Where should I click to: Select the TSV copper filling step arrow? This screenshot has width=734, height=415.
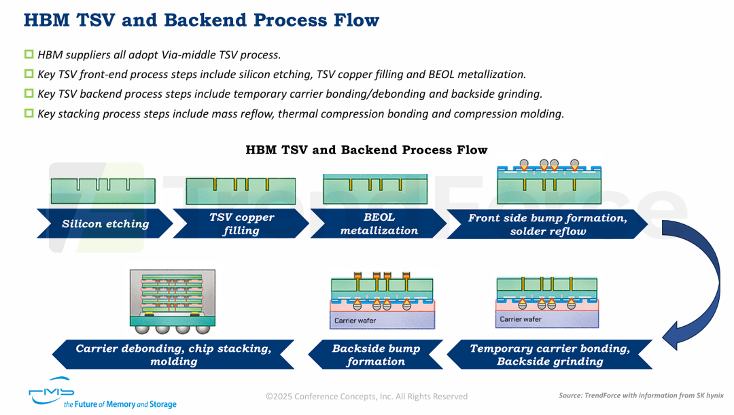pyautogui.click(x=241, y=224)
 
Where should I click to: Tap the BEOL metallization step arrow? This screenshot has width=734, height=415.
pyautogui.click(x=379, y=224)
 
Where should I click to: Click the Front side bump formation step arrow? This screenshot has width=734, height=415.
pyautogui.click(x=548, y=224)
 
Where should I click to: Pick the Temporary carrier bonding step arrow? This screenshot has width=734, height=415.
pyautogui.click(x=550, y=355)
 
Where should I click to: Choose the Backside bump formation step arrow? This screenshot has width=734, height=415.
pyautogui.click(x=376, y=355)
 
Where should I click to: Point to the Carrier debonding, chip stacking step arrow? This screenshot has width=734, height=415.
pyautogui.click(x=173, y=355)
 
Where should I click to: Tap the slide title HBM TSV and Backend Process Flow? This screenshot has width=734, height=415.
pyautogui.click(x=201, y=20)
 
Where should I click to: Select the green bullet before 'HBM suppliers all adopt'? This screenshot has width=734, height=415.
pyautogui.click(x=29, y=54)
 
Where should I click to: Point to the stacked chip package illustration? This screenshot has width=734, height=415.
pyautogui.click(x=172, y=301)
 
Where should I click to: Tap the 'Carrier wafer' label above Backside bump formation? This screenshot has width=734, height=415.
pyautogui.click(x=355, y=321)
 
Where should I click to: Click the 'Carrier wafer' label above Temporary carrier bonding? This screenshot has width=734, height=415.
pyautogui.click(x=521, y=319)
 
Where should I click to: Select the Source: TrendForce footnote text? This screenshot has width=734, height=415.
pyautogui.click(x=641, y=395)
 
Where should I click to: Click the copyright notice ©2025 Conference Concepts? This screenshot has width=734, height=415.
pyautogui.click(x=366, y=396)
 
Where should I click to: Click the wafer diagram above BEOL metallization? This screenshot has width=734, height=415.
pyautogui.click(x=375, y=187)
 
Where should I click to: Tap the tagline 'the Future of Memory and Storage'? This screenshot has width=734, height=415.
pyautogui.click(x=120, y=405)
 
